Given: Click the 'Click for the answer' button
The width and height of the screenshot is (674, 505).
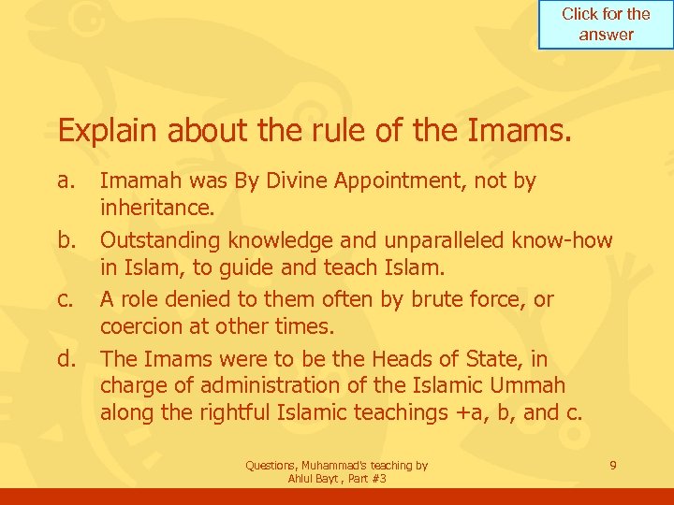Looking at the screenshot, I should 606,25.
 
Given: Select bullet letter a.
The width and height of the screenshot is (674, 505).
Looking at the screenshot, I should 66,180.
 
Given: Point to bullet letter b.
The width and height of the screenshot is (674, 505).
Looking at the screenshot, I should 66,240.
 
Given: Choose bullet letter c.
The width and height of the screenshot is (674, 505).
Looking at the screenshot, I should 66,300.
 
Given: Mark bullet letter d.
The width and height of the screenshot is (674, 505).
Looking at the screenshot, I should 66,359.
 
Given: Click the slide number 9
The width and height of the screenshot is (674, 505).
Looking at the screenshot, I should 612,464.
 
